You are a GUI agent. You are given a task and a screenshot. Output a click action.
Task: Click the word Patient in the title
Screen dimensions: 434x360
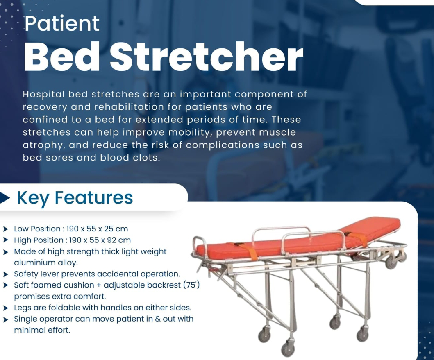62,23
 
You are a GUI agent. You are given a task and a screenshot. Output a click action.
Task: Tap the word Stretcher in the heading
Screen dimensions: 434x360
207,57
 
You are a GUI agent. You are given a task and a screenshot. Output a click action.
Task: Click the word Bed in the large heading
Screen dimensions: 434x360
62,57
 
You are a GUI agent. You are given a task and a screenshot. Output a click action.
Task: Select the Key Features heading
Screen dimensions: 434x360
75,197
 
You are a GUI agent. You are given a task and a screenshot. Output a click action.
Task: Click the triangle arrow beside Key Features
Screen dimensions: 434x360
5,197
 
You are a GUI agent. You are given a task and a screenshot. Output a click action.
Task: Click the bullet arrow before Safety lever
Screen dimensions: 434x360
6,274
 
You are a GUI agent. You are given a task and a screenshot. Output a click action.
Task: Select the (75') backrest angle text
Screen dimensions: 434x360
191,285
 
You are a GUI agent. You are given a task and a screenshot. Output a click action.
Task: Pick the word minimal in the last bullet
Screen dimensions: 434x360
26,330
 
